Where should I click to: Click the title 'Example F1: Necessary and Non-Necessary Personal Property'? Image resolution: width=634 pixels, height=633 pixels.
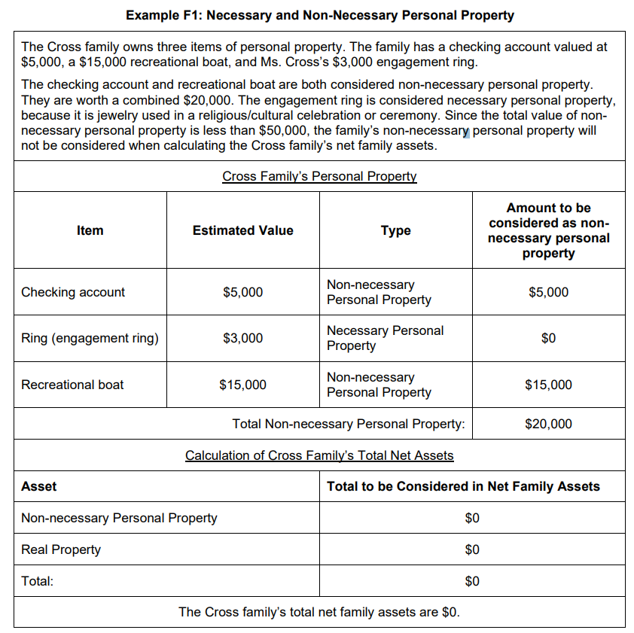[320, 15]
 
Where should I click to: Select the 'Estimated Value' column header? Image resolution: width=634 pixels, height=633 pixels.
[242, 230]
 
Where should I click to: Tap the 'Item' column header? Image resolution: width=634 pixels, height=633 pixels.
[90, 230]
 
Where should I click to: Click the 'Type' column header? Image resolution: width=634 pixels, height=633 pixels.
[395, 230]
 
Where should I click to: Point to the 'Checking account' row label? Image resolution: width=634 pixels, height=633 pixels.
[73, 292]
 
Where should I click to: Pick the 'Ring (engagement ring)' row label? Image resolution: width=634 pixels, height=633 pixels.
[90, 338]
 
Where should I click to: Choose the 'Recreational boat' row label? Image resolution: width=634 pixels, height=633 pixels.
[72, 385]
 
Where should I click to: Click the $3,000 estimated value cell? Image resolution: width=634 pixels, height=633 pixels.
[242, 338]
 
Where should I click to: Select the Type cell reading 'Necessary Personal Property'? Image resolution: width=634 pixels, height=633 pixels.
[385, 338]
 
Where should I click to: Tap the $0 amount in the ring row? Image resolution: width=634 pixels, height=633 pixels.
[548, 338]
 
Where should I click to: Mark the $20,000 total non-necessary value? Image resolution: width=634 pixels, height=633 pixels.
[548, 424]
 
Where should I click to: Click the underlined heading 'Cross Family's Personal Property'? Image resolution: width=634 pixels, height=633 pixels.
[319, 176]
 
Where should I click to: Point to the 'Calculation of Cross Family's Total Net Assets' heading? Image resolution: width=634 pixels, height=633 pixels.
[319, 455]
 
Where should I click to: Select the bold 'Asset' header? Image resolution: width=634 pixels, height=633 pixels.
[38, 486]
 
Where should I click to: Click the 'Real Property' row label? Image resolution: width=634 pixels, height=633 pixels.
[61, 549]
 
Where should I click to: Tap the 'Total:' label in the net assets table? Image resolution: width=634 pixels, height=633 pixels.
[37, 581]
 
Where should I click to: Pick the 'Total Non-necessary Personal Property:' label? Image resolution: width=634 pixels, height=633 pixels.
[349, 424]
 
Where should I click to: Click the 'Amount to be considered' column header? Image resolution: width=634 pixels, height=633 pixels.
[548, 230]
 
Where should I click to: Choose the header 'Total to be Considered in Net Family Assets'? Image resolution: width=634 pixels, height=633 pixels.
[463, 486]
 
